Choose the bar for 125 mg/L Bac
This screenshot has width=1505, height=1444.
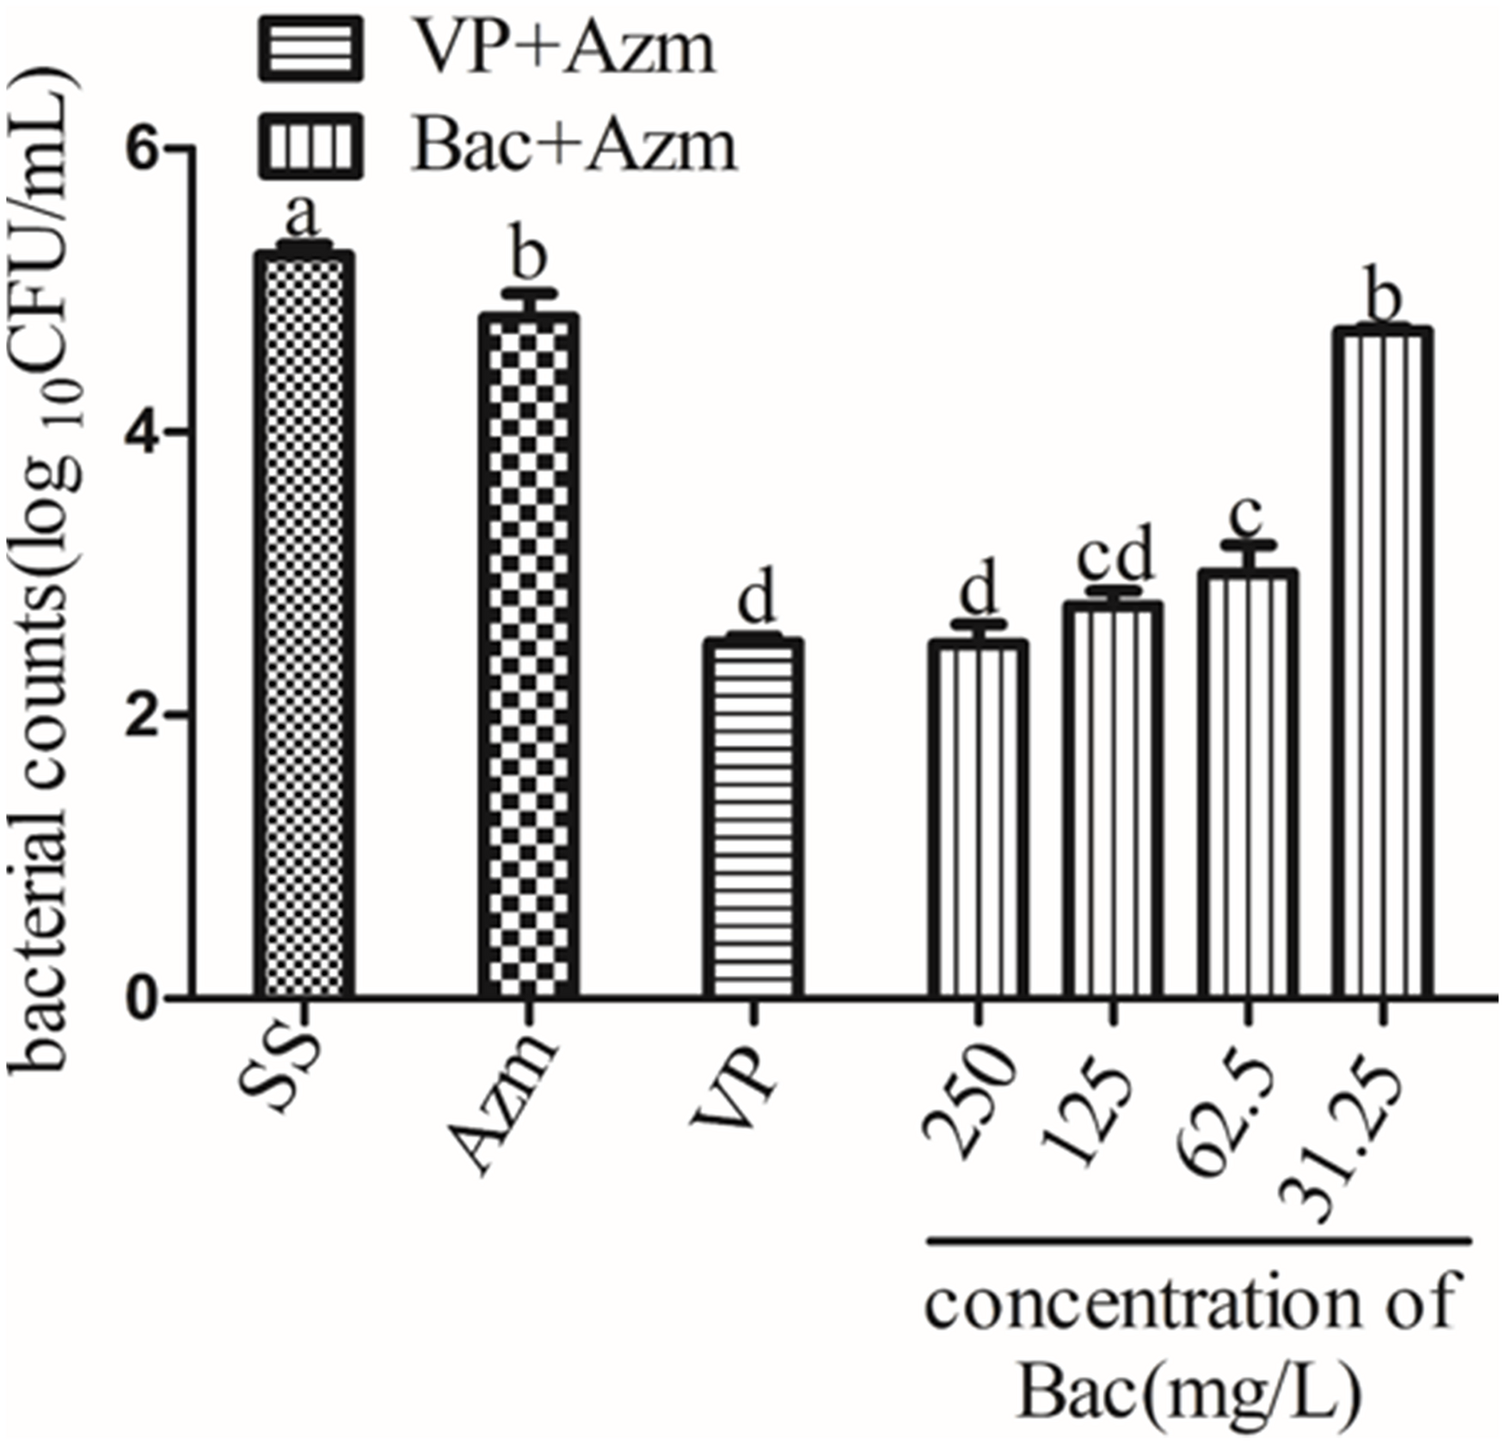click(x=1112, y=800)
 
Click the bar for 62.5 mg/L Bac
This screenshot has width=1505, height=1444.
click(x=1247, y=783)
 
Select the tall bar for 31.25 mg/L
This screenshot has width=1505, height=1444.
click(x=1382, y=662)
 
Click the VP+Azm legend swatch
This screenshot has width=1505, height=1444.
click(x=310, y=48)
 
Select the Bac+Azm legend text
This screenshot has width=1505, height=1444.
click(x=574, y=144)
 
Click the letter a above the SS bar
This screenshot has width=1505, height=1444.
click(x=303, y=217)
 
